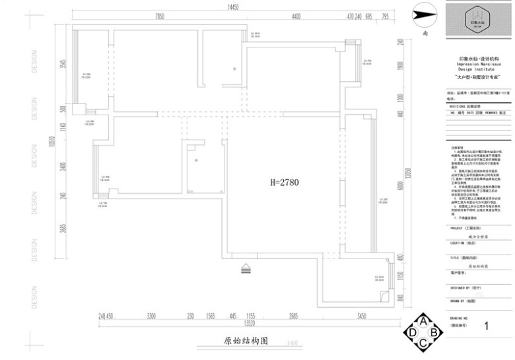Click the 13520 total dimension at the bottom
(249, 324)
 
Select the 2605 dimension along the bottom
(293, 316)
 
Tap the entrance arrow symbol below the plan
(246, 268)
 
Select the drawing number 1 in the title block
(487, 326)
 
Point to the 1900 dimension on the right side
(399, 68)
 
